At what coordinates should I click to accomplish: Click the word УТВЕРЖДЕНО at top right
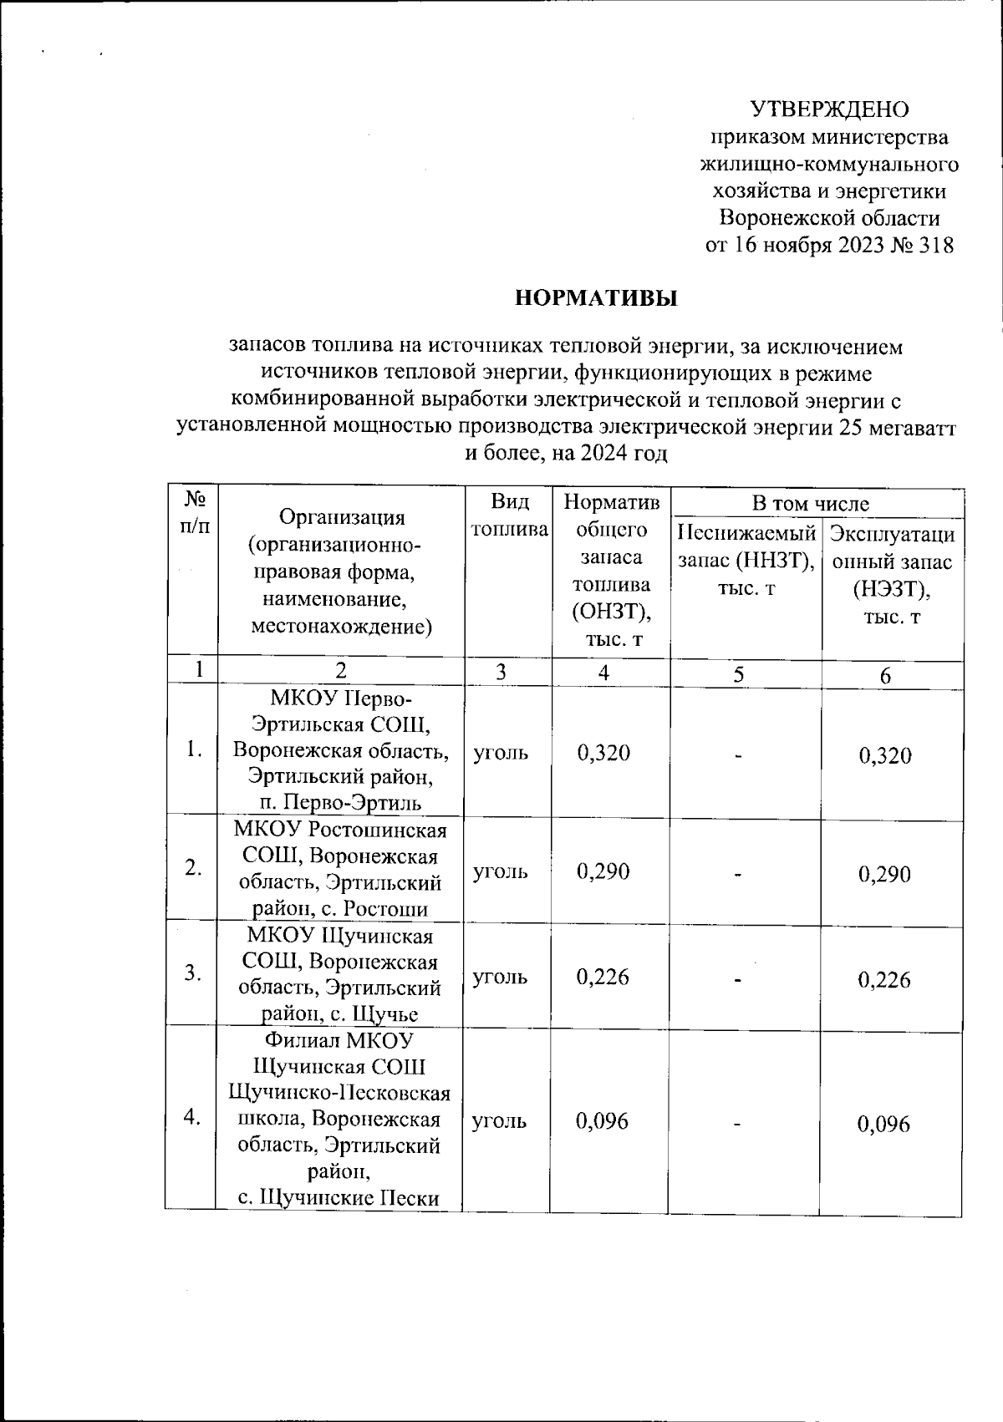click(x=829, y=110)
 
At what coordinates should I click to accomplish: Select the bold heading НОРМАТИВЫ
click(x=595, y=298)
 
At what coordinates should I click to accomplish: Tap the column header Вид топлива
click(x=510, y=515)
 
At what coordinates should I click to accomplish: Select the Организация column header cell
click(x=341, y=571)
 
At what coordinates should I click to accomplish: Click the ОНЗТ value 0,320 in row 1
click(x=603, y=753)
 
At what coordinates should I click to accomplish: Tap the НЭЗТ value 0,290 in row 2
click(x=884, y=875)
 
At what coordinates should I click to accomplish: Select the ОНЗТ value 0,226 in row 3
click(x=603, y=977)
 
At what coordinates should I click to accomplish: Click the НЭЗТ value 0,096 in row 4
click(x=883, y=1125)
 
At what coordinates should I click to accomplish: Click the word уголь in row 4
click(x=500, y=1121)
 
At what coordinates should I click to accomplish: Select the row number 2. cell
click(x=193, y=868)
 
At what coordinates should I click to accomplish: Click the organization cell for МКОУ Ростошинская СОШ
click(x=340, y=869)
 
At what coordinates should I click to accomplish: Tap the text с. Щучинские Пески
click(x=339, y=1198)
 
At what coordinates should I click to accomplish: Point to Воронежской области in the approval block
click(x=830, y=219)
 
